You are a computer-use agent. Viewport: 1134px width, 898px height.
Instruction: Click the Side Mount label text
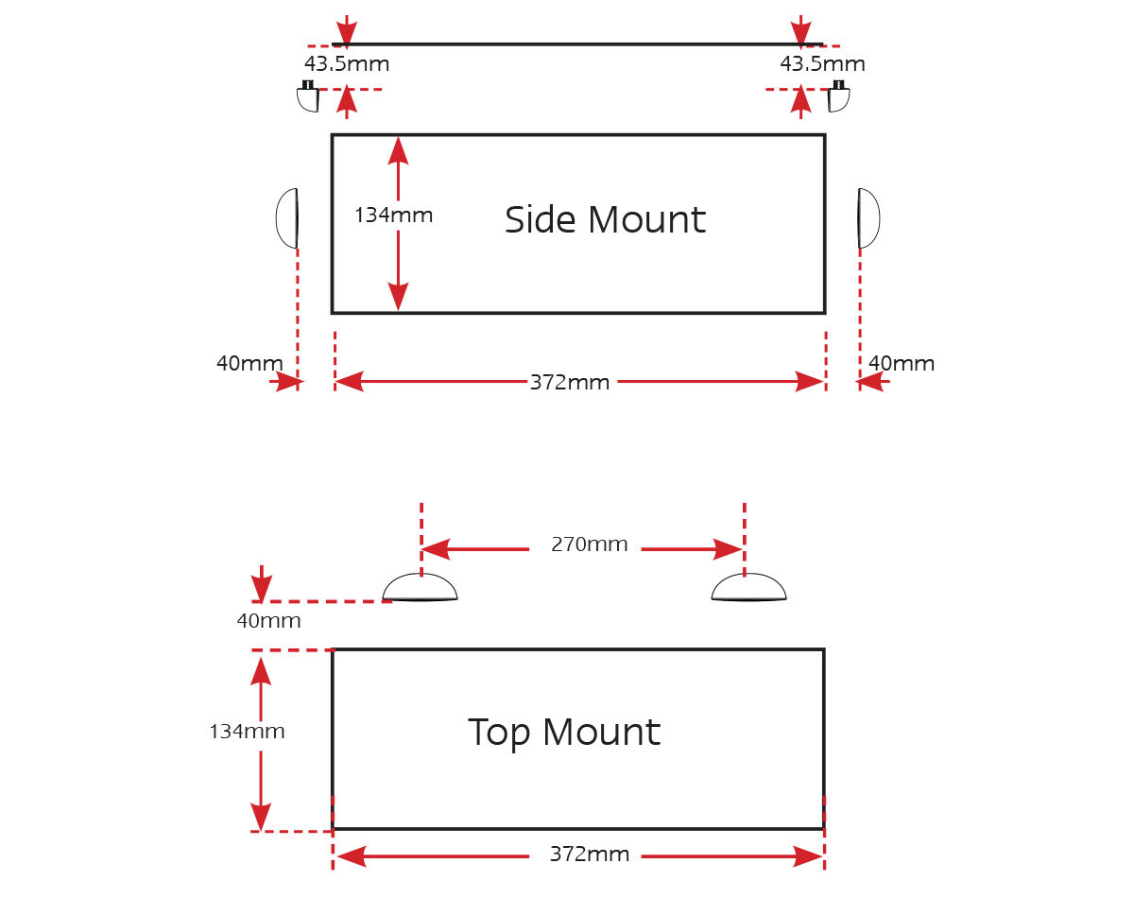point(605,220)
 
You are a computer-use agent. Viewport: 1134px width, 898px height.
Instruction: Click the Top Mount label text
point(564,733)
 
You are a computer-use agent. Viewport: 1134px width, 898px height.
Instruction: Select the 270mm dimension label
point(589,544)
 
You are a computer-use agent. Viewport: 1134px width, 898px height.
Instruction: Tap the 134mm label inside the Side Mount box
point(393,216)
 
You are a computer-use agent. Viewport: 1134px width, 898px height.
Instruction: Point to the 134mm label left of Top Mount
point(247,732)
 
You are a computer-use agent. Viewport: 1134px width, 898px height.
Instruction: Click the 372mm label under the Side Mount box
point(569,383)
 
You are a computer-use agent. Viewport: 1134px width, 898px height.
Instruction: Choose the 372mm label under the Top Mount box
point(589,855)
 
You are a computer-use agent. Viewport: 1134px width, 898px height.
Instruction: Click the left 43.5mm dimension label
point(346,64)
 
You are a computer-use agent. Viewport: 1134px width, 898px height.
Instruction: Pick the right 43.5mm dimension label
point(822,64)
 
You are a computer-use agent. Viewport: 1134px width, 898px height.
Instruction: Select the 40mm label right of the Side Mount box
point(902,363)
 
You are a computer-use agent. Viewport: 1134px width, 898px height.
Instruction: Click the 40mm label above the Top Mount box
point(268,621)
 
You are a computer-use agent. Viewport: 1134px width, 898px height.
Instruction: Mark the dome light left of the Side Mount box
point(287,218)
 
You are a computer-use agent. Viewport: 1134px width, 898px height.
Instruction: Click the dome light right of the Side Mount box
point(868,218)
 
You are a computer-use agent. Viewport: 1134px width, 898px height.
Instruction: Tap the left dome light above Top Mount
point(420,589)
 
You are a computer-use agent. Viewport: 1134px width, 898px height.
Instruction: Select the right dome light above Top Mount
point(748,589)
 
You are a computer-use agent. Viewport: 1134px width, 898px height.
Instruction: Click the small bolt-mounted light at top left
point(308,96)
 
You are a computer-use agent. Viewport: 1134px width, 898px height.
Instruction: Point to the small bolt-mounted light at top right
point(838,96)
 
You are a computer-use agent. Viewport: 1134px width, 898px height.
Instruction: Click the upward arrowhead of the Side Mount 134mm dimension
point(398,150)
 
